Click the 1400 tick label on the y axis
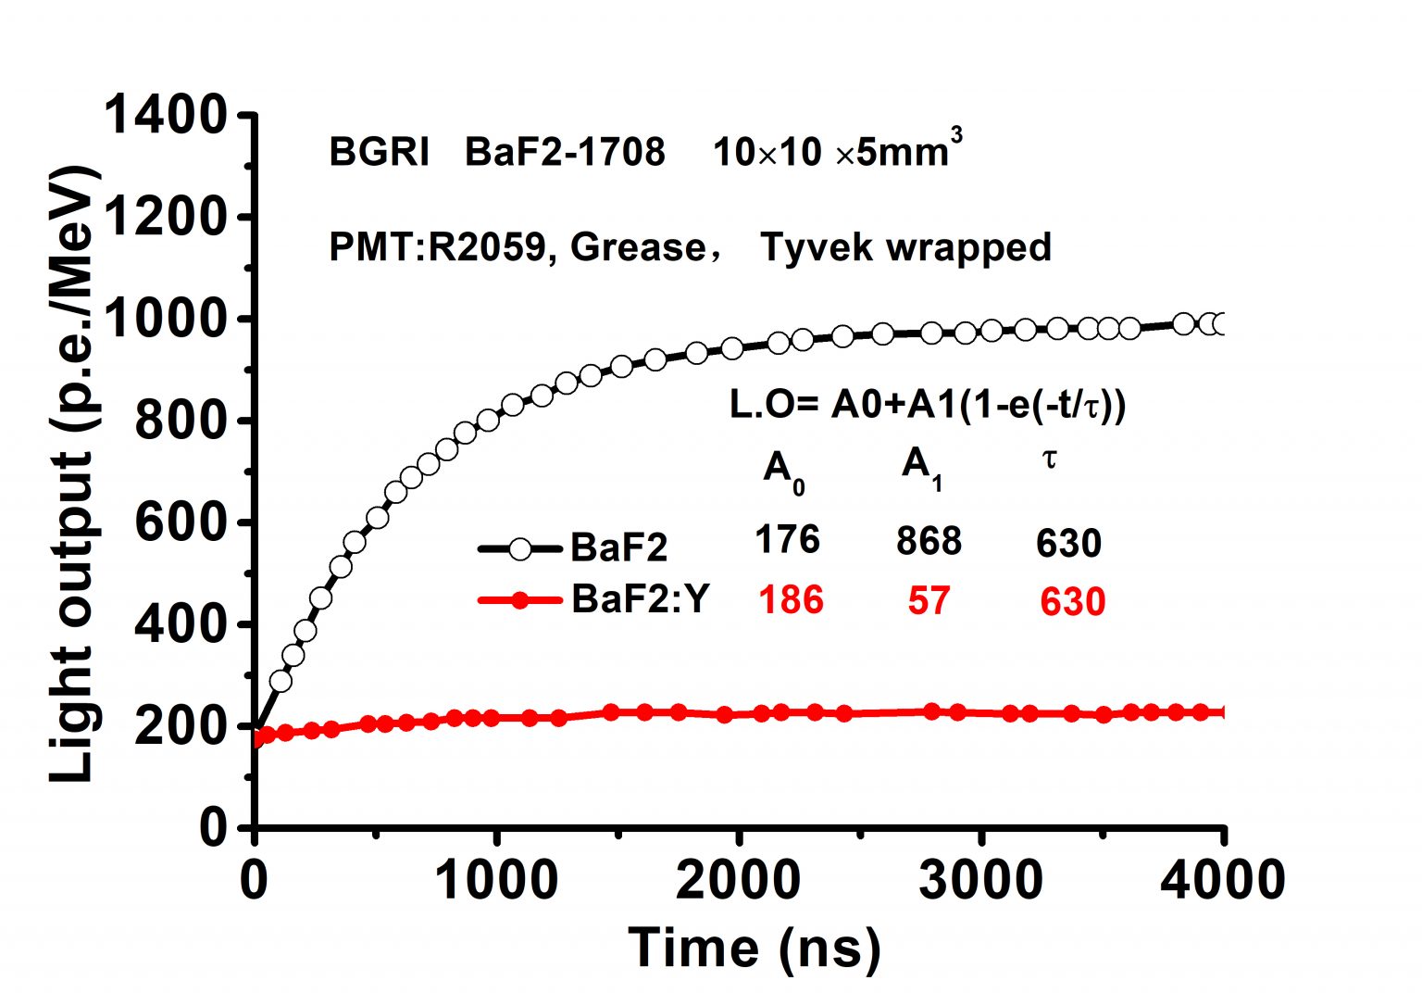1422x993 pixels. pos(165,118)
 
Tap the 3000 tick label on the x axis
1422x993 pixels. pos(980,878)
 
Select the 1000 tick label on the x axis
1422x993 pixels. pos(497,878)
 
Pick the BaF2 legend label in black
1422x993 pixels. pos(618,547)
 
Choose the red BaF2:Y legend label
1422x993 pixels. pos(640,599)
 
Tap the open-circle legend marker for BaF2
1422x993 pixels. pos(519,548)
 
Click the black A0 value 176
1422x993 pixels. pos(787,539)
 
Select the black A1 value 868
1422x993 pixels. pos(929,541)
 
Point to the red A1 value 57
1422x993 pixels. pos(929,601)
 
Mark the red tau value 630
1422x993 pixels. pos(1072,602)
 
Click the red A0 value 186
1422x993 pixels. pos(791,600)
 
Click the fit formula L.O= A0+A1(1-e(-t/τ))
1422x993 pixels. pos(928,405)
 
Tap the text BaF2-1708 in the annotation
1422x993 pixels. pos(564,152)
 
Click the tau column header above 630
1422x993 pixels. pos(1050,459)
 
